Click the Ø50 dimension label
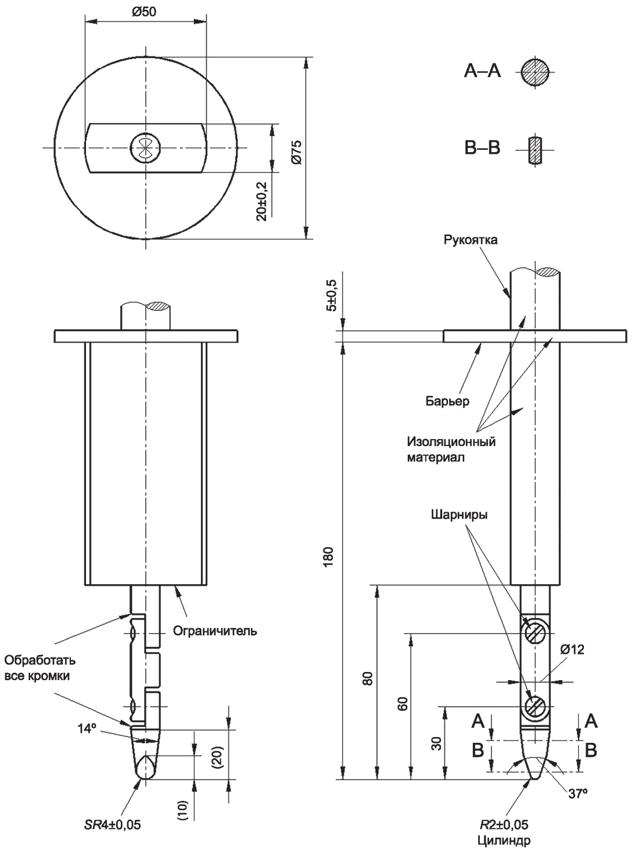click(144, 12)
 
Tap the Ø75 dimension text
click(296, 153)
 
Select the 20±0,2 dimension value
click(262, 201)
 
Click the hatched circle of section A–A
click(534, 72)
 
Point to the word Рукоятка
click(471, 240)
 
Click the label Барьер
click(447, 401)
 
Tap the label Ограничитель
click(215, 631)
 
